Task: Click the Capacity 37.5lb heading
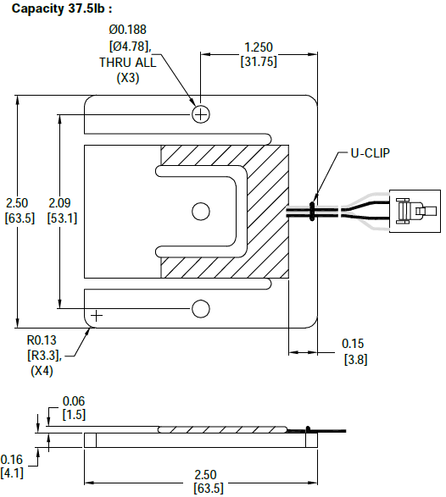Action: [62, 8]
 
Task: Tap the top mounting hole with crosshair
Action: [201, 113]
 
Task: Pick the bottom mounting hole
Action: [201, 309]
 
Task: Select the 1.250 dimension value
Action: [259, 47]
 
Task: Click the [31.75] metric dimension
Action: [259, 61]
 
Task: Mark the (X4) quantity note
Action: [42, 371]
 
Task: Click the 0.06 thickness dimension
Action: [74, 400]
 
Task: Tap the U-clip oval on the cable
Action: [313, 210]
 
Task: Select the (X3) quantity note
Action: [127, 78]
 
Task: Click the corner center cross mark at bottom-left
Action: [96, 316]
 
